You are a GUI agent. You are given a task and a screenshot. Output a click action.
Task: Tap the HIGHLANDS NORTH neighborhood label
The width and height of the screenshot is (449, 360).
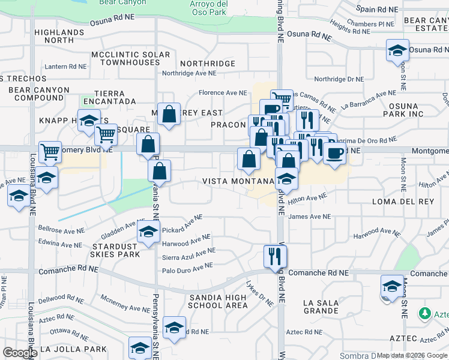pyautogui.click(x=59, y=36)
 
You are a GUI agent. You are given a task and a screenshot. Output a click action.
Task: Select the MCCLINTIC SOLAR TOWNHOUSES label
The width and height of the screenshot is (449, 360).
pyautogui.click(x=130, y=58)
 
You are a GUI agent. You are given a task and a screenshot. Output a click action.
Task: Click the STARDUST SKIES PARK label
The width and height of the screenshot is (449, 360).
pyautogui.click(x=116, y=250)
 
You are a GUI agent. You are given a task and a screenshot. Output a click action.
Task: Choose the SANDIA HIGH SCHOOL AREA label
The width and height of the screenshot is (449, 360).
pyautogui.click(x=218, y=301)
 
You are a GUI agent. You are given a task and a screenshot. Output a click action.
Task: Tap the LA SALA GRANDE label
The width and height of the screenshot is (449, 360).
pyautogui.click(x=321, y=307)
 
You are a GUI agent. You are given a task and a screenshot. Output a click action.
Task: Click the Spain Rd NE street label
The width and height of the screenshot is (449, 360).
pyautogui.click(x=378, y=9)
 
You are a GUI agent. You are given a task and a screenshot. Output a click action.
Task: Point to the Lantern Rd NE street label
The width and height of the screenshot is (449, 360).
pyautogui.click(x=64, y=67)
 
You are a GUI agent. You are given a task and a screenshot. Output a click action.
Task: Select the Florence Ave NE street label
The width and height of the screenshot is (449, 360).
pyautogui.click(x=223, y=93)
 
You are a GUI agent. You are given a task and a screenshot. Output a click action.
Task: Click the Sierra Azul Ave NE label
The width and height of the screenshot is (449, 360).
pyautogui.click(x=188, y=254)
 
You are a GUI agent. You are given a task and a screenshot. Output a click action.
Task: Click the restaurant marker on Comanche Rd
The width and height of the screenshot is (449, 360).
pyautogui.click(x=276, y=256)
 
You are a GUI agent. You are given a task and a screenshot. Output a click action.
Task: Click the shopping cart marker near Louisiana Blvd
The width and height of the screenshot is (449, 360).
pyautogui.click(x=50, y=152)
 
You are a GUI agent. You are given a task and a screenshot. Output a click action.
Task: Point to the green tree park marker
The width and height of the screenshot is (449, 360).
pyautogui.click(x=425, y=313)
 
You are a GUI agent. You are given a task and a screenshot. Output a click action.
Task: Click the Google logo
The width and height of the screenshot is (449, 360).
pyautogui.click(x=20, y=352)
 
